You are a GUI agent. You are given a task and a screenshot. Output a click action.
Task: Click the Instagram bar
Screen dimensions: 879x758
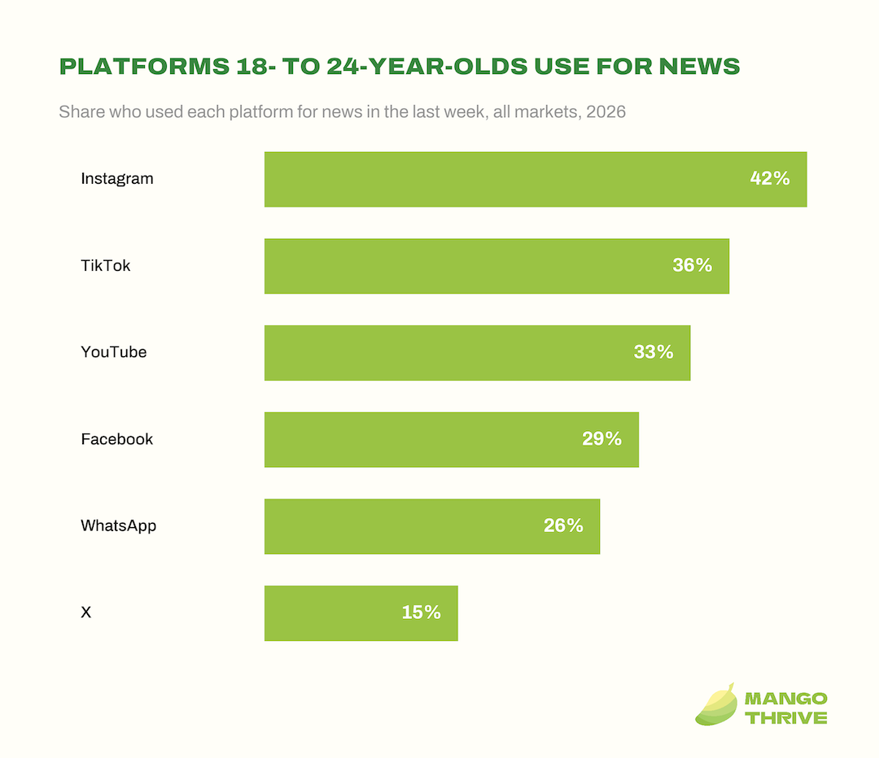[536, 179]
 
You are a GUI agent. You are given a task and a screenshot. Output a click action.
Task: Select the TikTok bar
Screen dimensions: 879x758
[496, 266]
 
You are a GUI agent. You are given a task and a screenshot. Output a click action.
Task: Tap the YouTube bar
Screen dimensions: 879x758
[478, 353]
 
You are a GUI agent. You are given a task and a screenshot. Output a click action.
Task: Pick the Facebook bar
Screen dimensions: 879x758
[452, 440]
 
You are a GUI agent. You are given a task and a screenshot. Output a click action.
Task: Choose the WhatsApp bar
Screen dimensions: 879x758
[432, 527]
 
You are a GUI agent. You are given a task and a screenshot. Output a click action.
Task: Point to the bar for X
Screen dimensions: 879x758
[361, 613]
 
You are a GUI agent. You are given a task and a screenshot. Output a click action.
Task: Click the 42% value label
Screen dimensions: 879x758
[770, 178]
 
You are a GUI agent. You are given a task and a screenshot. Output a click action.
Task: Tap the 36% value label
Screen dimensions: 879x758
[693, 265]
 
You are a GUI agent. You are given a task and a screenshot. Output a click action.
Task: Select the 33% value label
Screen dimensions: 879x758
[653, 352]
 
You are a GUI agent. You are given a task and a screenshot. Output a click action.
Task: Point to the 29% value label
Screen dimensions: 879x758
[601, 438]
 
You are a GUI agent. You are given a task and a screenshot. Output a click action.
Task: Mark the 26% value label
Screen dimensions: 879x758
[563, 525]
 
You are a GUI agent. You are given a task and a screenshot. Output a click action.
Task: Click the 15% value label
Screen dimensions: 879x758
[421, 612]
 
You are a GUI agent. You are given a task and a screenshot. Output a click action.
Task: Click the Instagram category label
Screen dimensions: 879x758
[117, 179]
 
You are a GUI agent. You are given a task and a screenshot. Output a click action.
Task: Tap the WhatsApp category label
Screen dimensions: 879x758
[119, 526]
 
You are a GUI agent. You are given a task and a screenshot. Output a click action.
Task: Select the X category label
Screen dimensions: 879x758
[85, 612]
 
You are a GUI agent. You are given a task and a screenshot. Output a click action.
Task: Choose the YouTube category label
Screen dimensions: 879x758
[114, 352]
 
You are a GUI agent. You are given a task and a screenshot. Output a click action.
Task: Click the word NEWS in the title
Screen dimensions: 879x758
[700, 66]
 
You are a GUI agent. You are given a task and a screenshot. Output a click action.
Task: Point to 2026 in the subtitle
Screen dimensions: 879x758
[606, 112]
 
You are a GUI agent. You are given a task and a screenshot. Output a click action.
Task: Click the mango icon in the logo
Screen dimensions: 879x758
[716, 705]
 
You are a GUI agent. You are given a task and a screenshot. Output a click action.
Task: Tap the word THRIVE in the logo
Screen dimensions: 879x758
[786, 717]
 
